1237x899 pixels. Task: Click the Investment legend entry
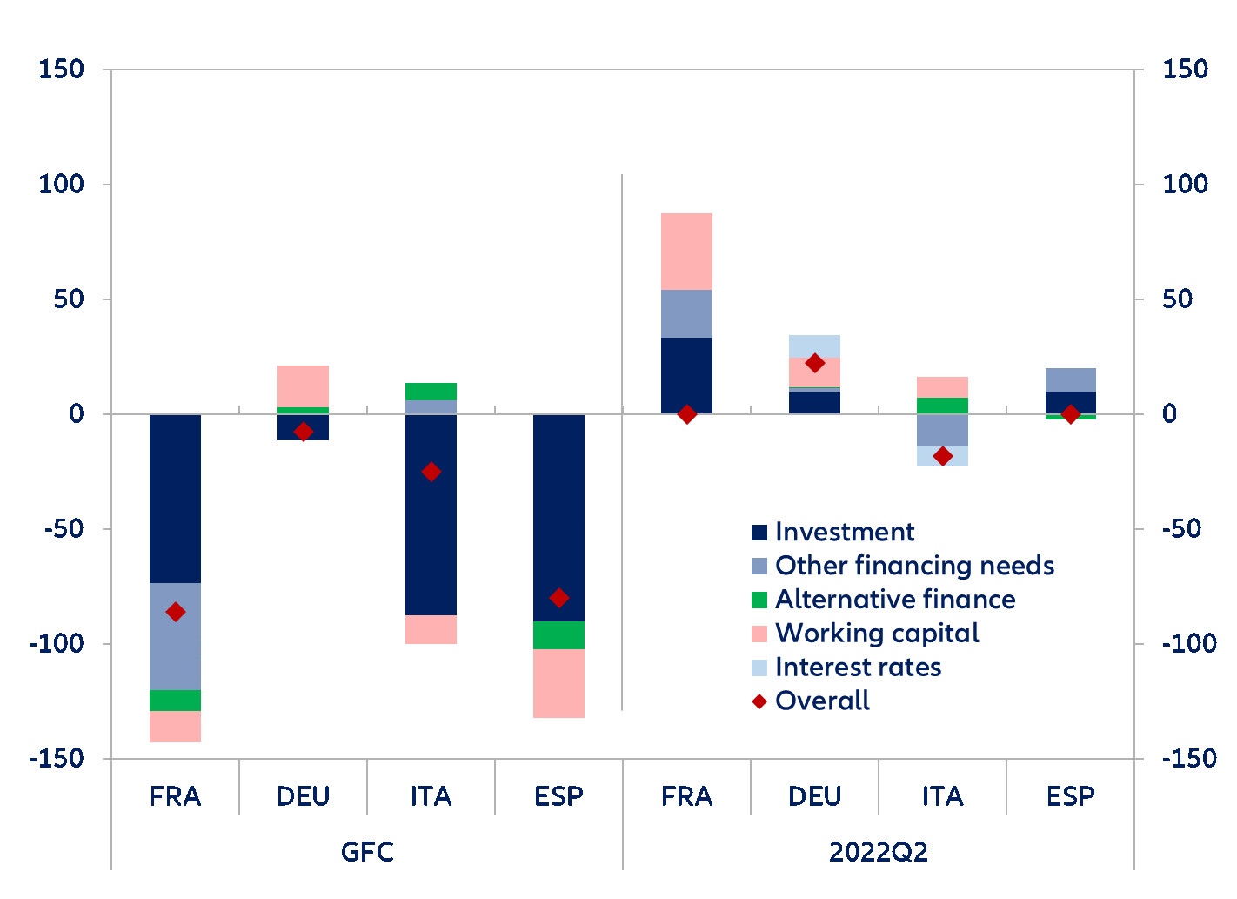point(844,532)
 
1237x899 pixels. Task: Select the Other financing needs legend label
point(914,566)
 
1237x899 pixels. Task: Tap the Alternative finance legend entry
point(895,600)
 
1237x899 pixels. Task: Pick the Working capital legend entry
point(877,634)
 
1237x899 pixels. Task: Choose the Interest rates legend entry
point(858,668)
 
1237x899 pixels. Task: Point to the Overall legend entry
point(822,701)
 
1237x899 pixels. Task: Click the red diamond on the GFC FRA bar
point(176,612)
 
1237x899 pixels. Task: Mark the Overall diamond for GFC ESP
point(559,598)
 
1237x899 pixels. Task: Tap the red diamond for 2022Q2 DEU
point(814,363)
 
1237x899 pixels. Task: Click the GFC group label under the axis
point(367,850)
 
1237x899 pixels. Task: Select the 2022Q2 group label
point(879,850)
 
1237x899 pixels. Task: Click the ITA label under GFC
point(431,796)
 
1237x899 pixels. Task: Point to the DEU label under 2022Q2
point(814,796)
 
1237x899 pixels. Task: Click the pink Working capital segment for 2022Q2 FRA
point(686,252)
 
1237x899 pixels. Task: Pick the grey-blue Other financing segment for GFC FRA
point(176,636)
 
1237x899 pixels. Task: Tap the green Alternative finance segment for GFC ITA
point(431,392)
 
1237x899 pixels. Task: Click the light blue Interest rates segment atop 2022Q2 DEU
point(814,346)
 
